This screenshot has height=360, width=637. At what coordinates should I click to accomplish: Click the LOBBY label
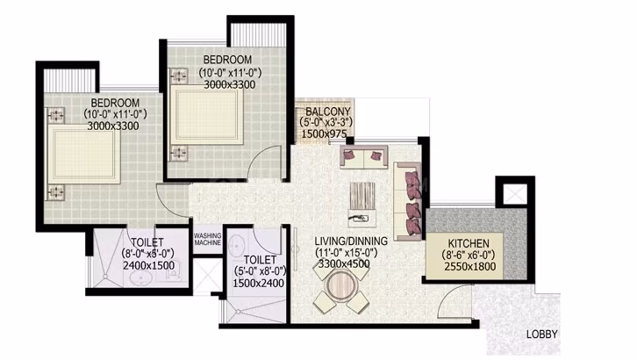pyautogui.click(x=541, y=335)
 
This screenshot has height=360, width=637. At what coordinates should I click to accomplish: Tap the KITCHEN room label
pyautogui.click(x=469, y=243)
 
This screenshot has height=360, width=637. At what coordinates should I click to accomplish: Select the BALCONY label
pyautogui.click(x=328, y=112)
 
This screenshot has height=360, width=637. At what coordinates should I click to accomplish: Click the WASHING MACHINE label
pyautogui.click(x=207, y=239)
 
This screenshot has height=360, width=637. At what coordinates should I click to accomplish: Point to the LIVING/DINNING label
pyautogui.click(x=351, y=241)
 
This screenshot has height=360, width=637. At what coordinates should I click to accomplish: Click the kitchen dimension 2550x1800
pyautogui.click(x=470, y=267)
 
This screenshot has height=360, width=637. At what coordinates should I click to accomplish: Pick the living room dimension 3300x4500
pyautogui.click(x=344, y=263)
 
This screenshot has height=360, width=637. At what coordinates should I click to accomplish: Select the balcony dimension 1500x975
pyautogui.click(x=324, y=133)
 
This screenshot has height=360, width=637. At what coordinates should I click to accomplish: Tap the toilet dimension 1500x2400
pyautogui.click(x=258, y=283)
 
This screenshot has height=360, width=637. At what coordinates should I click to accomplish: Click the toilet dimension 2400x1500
pyautogui.click(x=148, y=265)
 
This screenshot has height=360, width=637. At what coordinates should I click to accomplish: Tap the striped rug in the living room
pyautogui.click(x=362, y=197)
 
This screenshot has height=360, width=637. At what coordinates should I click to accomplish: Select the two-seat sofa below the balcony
pyautogui.click(x=363, y=156)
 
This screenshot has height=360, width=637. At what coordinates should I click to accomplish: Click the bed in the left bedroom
pyautogui.click(x=84, y=154)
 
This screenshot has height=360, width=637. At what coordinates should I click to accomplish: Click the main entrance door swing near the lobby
pyautogui.click(x=454, y=301)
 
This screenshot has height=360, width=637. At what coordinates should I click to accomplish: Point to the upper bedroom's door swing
pyautogui.click(x=261, y=156)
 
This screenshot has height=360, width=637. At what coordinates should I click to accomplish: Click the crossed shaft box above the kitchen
pyautogui.click(x=515, y=194)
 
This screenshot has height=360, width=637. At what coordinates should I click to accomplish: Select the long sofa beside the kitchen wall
pyautogui.click(x=407, y=202)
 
